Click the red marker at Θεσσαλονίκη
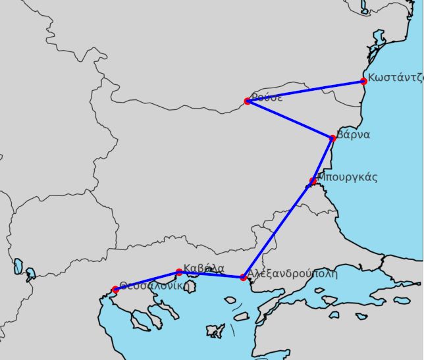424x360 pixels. (x=116, y=290)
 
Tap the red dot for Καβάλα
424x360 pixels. (x=179, y=272)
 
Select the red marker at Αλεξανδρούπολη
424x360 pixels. (x=244, y=278)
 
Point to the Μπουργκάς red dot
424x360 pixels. (x=313, y=181)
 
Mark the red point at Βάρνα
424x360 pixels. (x=332, y=138)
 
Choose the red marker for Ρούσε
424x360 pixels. (x=248, y=101)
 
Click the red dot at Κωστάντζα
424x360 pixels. (x=363, y=82)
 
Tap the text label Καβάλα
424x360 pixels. (x=204, y=268)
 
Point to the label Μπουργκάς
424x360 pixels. (x=347, y=177)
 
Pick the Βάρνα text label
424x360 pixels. (x=353, y=135)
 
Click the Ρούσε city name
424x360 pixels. (x=267, y=97)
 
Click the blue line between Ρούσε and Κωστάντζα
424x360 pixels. (x=305, y=91)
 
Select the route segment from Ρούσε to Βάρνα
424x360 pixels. (x=290, y=120)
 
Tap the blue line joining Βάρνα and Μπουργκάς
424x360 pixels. (x=323, y=160)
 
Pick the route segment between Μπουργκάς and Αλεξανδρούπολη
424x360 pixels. (x=278, y=229)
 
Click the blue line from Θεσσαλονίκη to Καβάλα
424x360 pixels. (x=147, y=281)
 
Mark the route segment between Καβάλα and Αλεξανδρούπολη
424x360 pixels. (x=211, y=275)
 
